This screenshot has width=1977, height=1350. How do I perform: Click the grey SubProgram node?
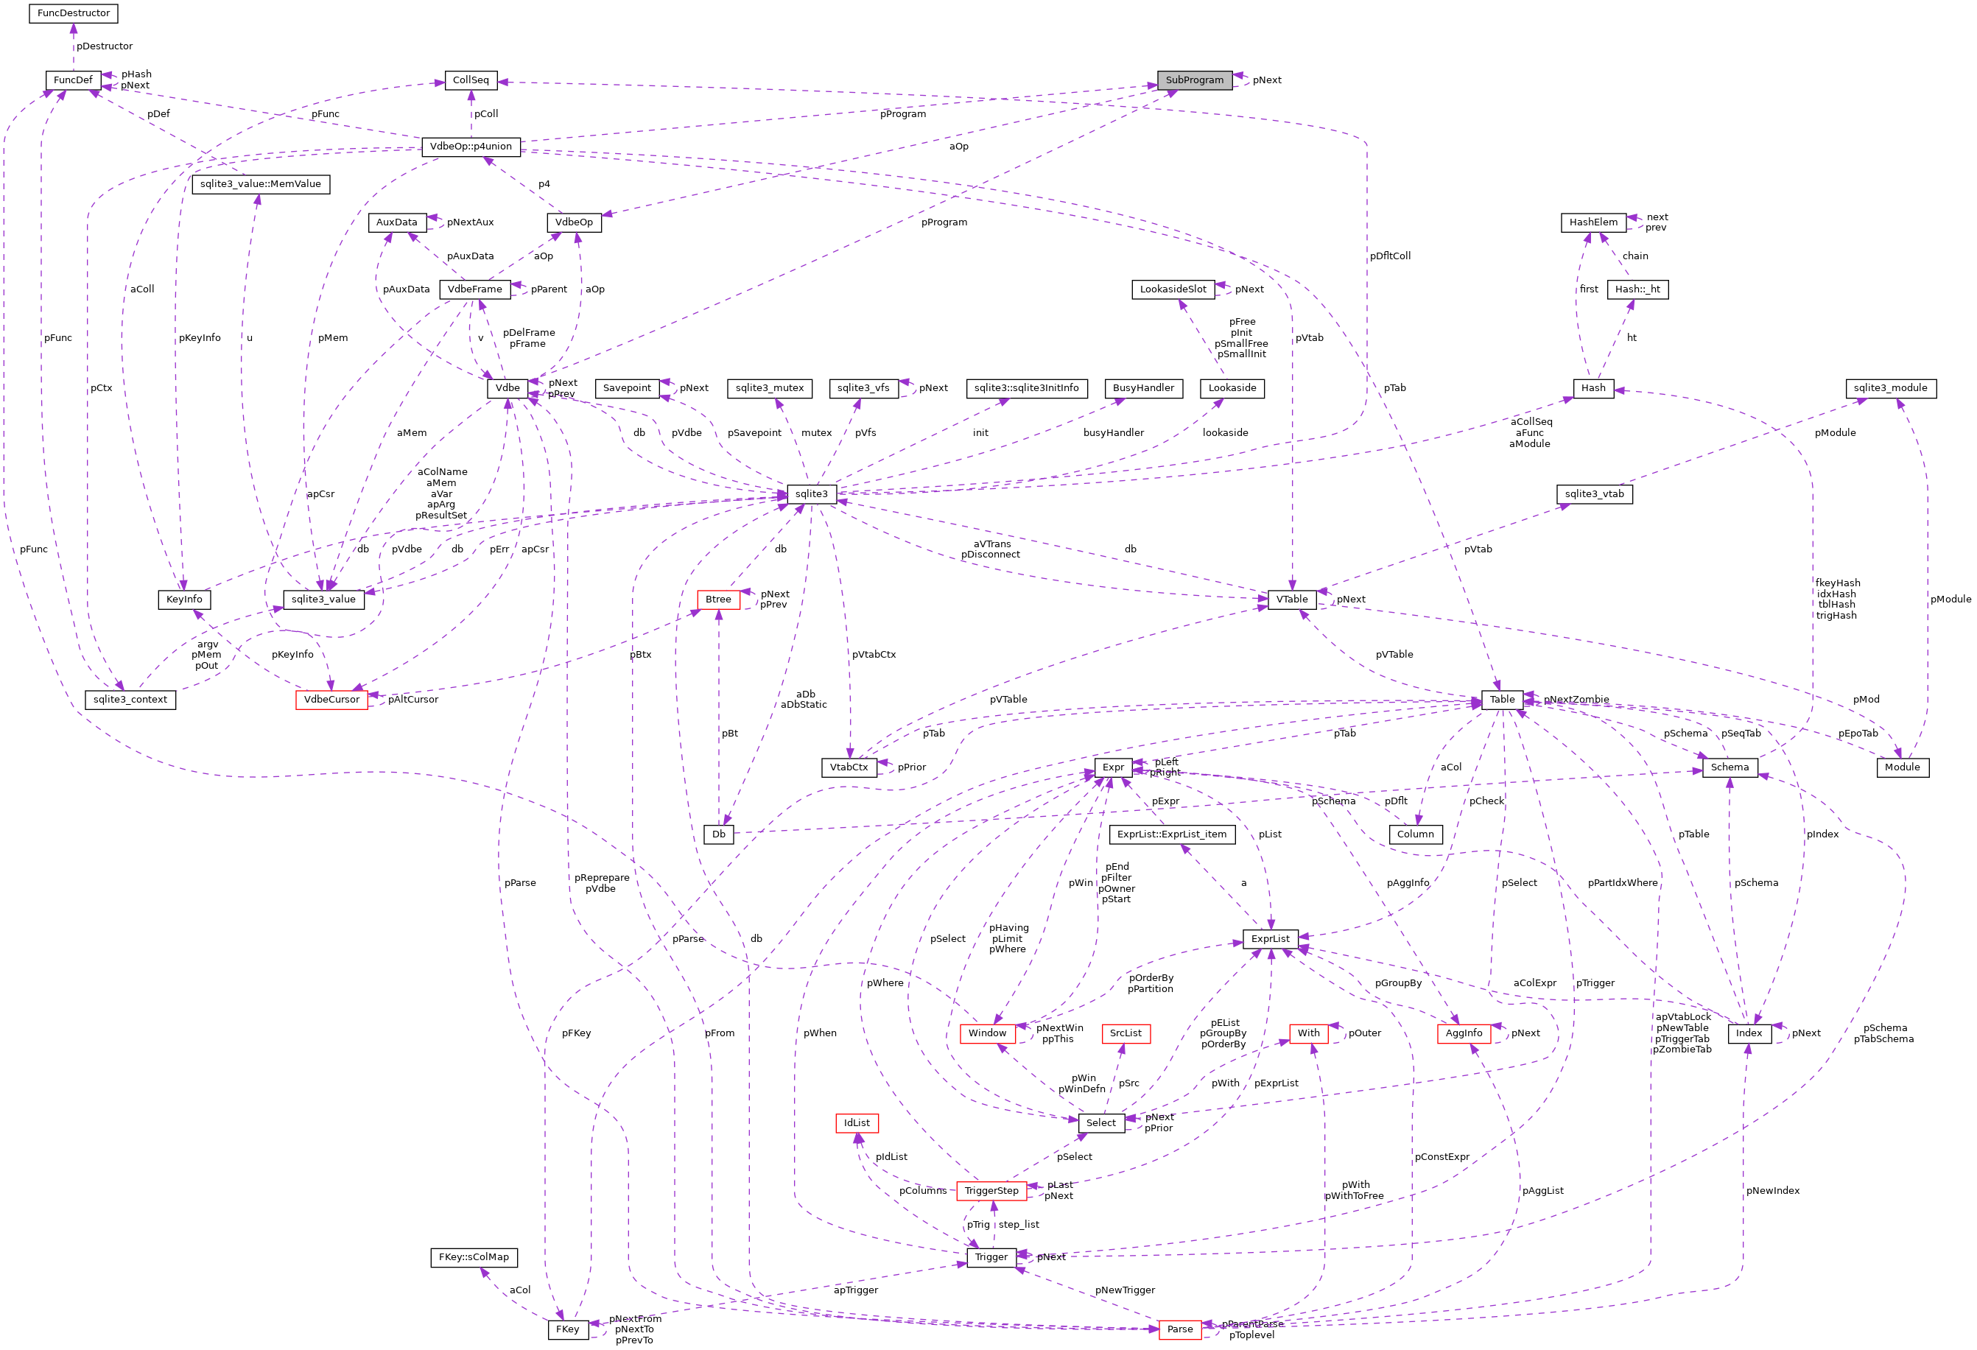click(x=1193, y=80)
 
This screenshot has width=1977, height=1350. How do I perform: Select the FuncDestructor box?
click(x=73, y=13)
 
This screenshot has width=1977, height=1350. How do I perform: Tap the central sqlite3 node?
click(x=811, y=493)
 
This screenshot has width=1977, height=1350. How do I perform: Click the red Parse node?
click(x=1179, y=1329)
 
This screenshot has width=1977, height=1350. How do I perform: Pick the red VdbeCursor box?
click(x=331, y=699)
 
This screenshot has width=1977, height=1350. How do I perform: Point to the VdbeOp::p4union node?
click(x=471, y=147)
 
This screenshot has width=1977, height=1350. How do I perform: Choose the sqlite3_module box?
click(x=1891, y=388)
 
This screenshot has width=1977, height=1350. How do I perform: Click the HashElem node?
click(x=1593, y=222)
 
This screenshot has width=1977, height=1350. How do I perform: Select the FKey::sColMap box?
click(x=473, y=1256)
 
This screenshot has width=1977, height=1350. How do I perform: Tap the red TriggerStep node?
click(x=990, y=1190)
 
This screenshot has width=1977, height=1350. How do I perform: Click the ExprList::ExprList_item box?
click(x=1171, y=834)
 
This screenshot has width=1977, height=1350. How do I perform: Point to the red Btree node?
click(x=717, y=599)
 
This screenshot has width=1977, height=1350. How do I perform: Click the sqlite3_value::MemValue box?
click(x=260, y=183)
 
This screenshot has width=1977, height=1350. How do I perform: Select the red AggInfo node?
click(x=1463, y=1033)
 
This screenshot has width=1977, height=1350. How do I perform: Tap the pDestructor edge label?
click(x=105, y=46)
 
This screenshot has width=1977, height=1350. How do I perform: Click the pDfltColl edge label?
click(x=1389, y=256)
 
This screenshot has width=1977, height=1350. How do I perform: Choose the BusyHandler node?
click(x=1142, y=388)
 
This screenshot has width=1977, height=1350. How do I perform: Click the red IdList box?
click(x=856, y=1123)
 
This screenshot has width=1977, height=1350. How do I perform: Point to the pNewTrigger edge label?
click(x=1124, y=1290)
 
